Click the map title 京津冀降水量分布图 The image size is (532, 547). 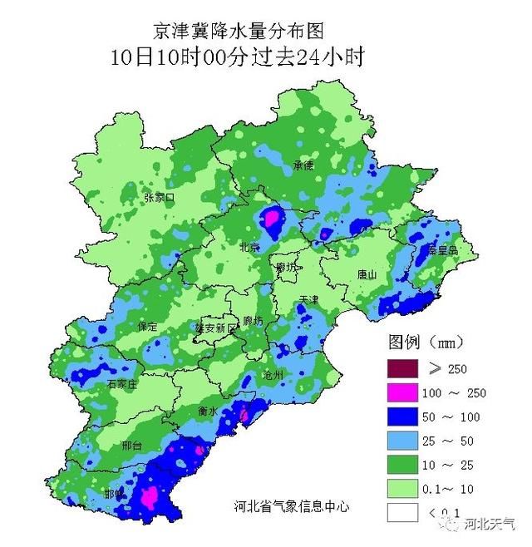point(239,31)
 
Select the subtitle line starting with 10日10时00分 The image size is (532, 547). point(239,57)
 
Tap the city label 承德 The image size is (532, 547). point(303,165)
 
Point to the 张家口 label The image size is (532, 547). point(159,198)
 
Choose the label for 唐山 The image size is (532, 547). point(367,273)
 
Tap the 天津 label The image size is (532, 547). point(309,298)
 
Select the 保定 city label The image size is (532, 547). point(148,327)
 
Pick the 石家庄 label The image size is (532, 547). point(122,385)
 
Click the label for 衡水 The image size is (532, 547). point(207,411)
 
